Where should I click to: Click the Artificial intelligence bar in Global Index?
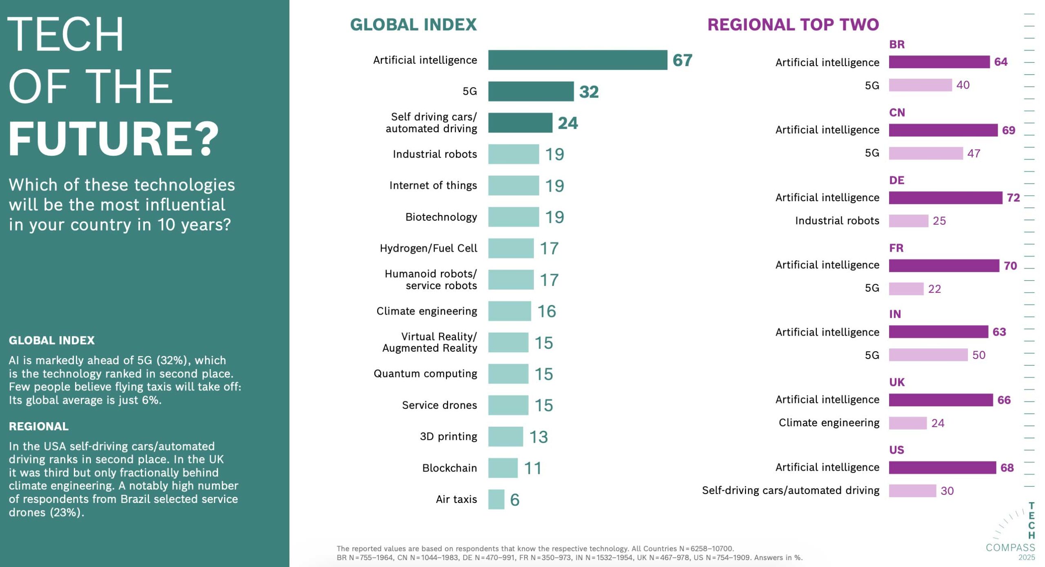coord(577,60)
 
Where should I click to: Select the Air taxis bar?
coord(496,499)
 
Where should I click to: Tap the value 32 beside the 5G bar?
coord(589,92)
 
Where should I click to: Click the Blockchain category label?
coord(449,468)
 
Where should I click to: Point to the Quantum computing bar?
coord(508,374)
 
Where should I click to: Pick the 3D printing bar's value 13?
coord(538,437)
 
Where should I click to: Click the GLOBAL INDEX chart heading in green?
coord(413,24)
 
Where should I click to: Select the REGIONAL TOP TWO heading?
coord(793,24)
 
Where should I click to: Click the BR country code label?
coord(897,44)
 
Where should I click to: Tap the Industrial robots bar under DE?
coord(908,221)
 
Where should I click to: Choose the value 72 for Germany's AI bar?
coord(1013,198)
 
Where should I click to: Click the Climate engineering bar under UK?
coord(907,423)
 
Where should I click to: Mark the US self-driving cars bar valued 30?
coord(912,491)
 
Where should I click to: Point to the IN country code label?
coord(895,314)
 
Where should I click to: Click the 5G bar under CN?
coord(925,153)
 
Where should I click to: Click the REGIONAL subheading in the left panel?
coord(39,426)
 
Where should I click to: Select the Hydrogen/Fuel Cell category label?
coord(428,248)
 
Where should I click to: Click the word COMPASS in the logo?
coord(1010,547)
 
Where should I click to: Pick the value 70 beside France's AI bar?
coord(1010,266)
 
